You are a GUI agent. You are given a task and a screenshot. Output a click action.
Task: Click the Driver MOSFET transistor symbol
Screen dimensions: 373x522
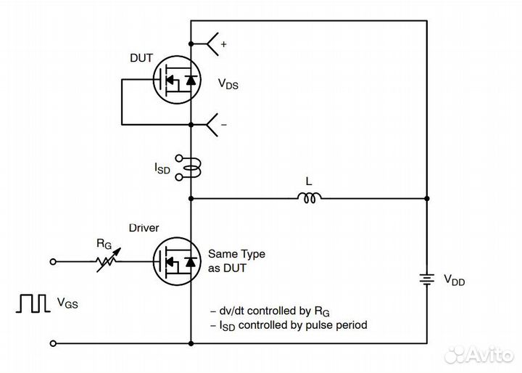(x=176, y=261)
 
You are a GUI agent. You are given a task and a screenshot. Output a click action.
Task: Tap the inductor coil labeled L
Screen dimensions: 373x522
(x=310, y=197)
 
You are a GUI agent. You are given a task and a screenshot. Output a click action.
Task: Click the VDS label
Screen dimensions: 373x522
(x=228, y=84)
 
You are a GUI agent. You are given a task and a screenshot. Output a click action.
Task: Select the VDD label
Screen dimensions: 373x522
(x=455, y=279)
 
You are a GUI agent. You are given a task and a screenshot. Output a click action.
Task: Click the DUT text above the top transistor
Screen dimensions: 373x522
(x=142, y=58)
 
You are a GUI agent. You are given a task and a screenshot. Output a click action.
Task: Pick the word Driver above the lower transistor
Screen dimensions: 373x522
(x=144, y=228)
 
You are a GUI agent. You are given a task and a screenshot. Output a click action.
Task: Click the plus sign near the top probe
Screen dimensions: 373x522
(x=223, y=44)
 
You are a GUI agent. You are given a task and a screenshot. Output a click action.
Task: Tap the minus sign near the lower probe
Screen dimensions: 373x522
(x=223, y=125)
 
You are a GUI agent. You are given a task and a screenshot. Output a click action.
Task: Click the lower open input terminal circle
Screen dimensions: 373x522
(x=53, y=343)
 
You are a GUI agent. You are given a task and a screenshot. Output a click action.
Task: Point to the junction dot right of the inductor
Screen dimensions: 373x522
(x=426, y=197)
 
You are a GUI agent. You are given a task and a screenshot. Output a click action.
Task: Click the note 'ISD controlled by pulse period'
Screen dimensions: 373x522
(x=288, y=324)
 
